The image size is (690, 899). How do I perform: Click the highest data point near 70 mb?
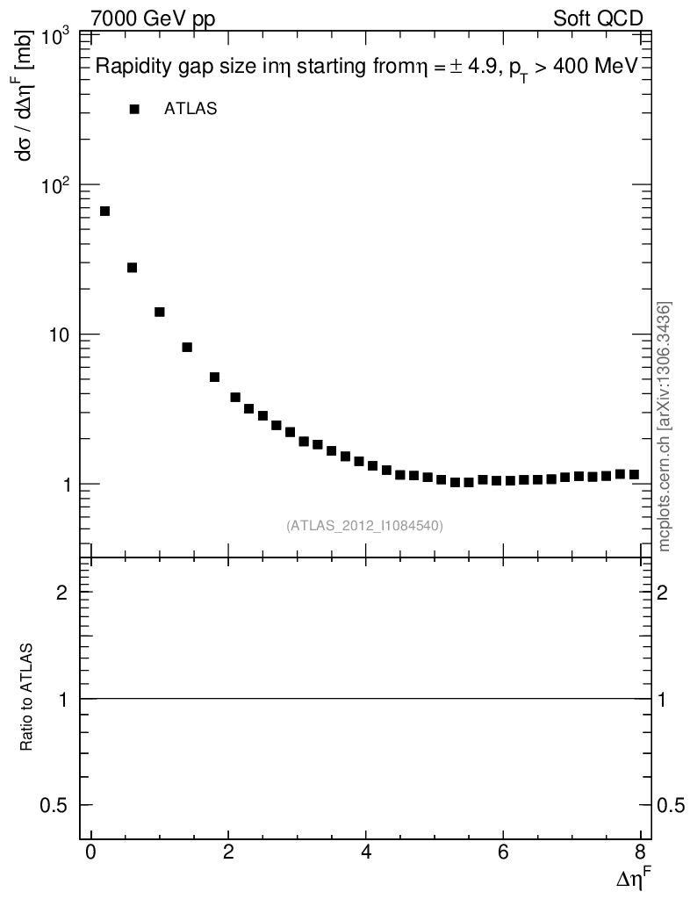(104, 212)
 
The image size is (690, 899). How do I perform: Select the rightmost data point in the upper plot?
(634, 475)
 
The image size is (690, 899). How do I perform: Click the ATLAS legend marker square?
(134, 110)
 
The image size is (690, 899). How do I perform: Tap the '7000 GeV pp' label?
(153, 18)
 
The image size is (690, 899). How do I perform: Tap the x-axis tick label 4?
(365, 852)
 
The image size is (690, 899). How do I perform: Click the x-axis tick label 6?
(503, 852)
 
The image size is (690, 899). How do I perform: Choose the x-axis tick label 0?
(90, 852)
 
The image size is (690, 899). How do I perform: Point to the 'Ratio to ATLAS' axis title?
(27, 699)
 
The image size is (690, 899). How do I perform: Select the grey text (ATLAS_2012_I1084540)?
(364, 526)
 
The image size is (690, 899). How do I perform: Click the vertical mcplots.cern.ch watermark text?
(665, 426)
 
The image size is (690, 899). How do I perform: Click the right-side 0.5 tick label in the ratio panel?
(672, 805)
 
